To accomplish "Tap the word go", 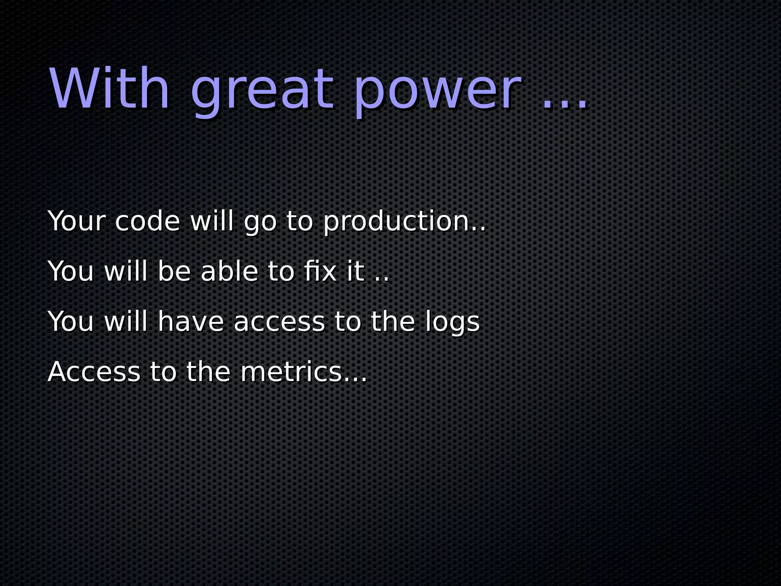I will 260,223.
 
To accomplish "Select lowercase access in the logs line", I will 279,323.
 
